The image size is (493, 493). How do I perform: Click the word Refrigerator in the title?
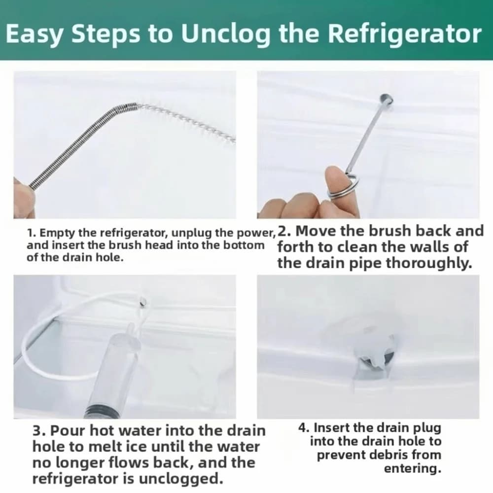405,35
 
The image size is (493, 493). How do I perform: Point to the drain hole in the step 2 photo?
387,100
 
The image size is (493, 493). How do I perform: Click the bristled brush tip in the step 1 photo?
187,123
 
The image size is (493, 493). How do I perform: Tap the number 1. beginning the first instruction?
31,233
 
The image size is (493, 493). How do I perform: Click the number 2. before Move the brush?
284,231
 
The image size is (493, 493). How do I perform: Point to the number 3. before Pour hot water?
39,430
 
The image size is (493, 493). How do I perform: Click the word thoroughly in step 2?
429,263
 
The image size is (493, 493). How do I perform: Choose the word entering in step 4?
413,469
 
